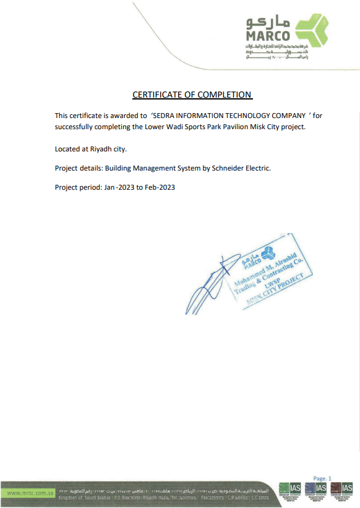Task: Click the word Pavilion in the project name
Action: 238,127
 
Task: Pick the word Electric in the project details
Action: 255,167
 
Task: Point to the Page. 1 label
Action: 323,478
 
